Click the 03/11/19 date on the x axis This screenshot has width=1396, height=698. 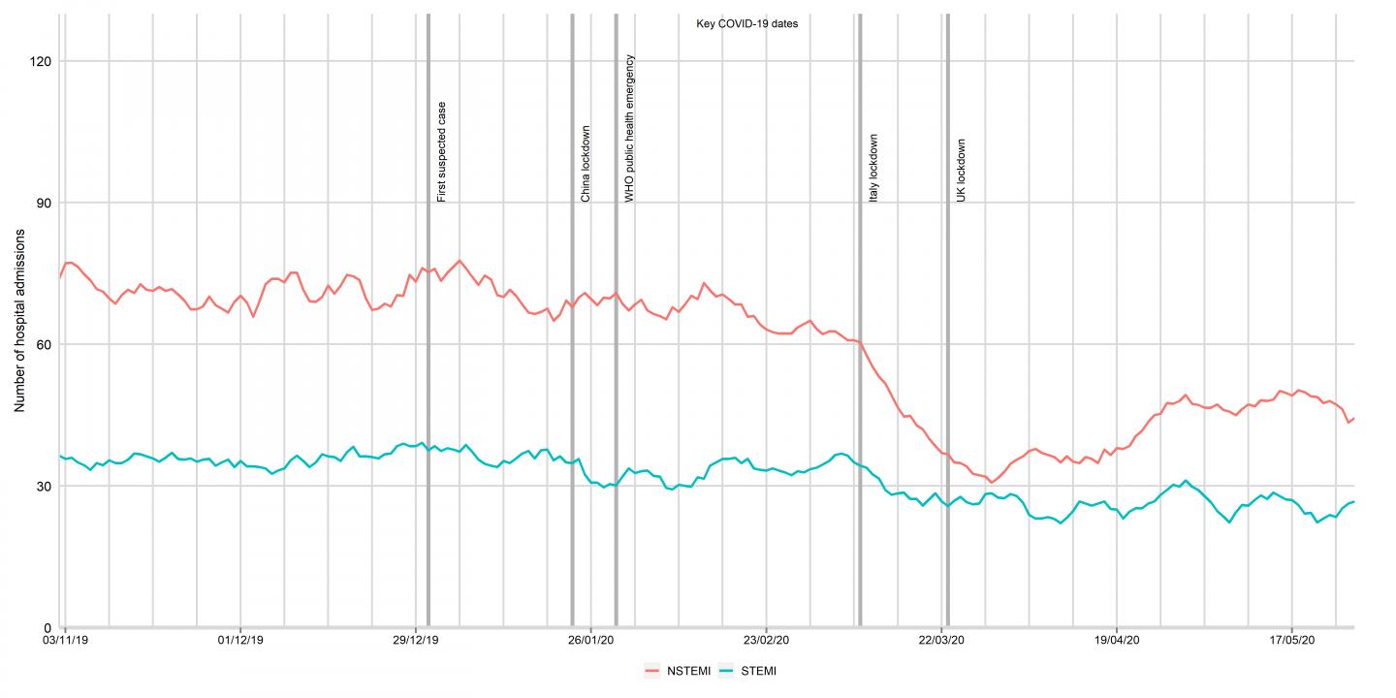pyautogui.click(x=64, y=641)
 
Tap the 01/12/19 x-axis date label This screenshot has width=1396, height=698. pyautogui.click(x=239, y=641)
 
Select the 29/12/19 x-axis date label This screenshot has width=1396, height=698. pyautogui.click(x=415, y=641)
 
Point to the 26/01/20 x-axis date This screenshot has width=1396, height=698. pyautogui.click(x=590, y=641)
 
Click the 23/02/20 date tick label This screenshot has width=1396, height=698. pyautogui.click(x=766, y=641)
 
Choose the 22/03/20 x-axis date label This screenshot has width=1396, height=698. pyautogui.click(x=941, y=641)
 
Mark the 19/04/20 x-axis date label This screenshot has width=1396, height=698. pyautogui.click(x=1117, y=641)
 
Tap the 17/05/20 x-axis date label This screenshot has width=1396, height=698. pyautogui.click(x=1292, y=641)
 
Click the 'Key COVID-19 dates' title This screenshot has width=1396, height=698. pyautogui.click(x=746, y=23)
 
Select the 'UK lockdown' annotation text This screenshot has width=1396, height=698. pyautogui.click(x=962, y=171)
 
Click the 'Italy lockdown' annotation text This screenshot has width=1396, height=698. pyautogui.click(x=873, y=168)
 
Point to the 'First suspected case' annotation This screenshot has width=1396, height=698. pyautogui.click(x=442, y=151)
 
